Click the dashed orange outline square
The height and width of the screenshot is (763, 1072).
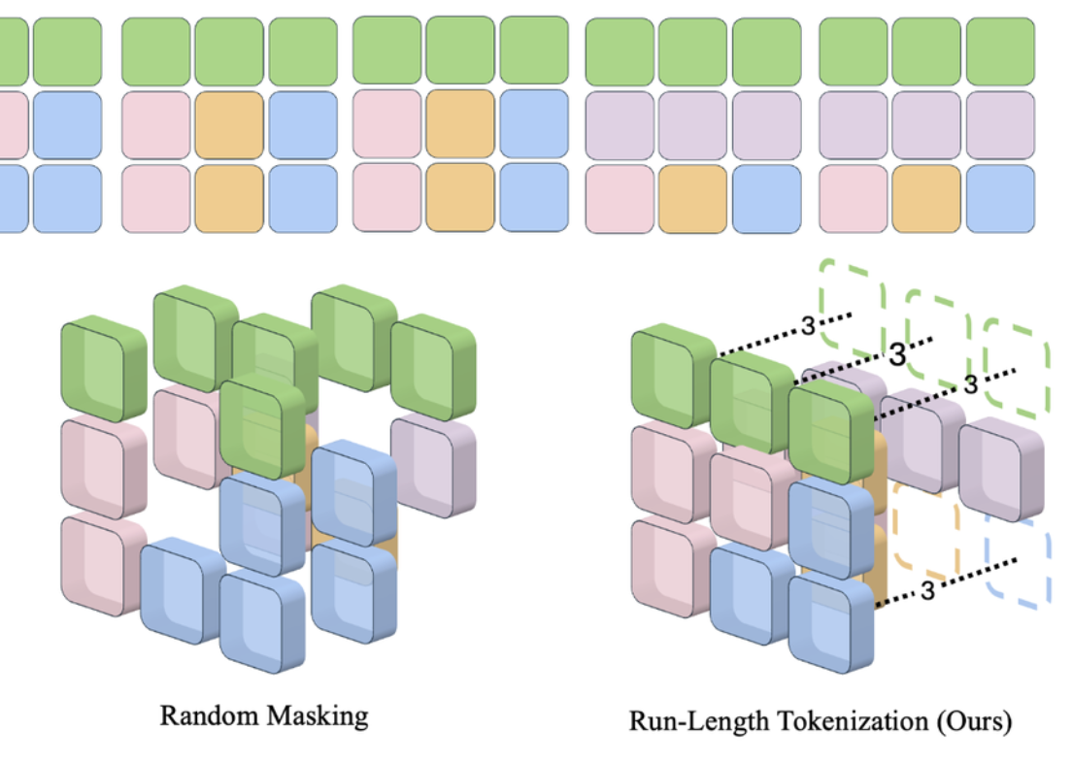pyautogui.click(x=925, y=530)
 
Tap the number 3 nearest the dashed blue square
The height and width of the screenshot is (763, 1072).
pyautogui.click(x=926, y=590)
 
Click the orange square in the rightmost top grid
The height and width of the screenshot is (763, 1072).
pyautogui.click(x=928, y=199)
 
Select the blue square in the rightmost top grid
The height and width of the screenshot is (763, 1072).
pyautogui.click(x=1001, y=199)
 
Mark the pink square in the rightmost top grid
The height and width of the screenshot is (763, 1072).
pyautogui.click(x=854, y=199)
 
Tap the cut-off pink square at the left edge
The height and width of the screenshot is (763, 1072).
pyautogui.click(x=10, y=125)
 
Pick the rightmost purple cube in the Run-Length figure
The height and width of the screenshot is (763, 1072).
pyautogui.click(x=1002, y=469)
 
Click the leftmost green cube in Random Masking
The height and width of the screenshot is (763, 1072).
pyautogui.click(x=103, y=368)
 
